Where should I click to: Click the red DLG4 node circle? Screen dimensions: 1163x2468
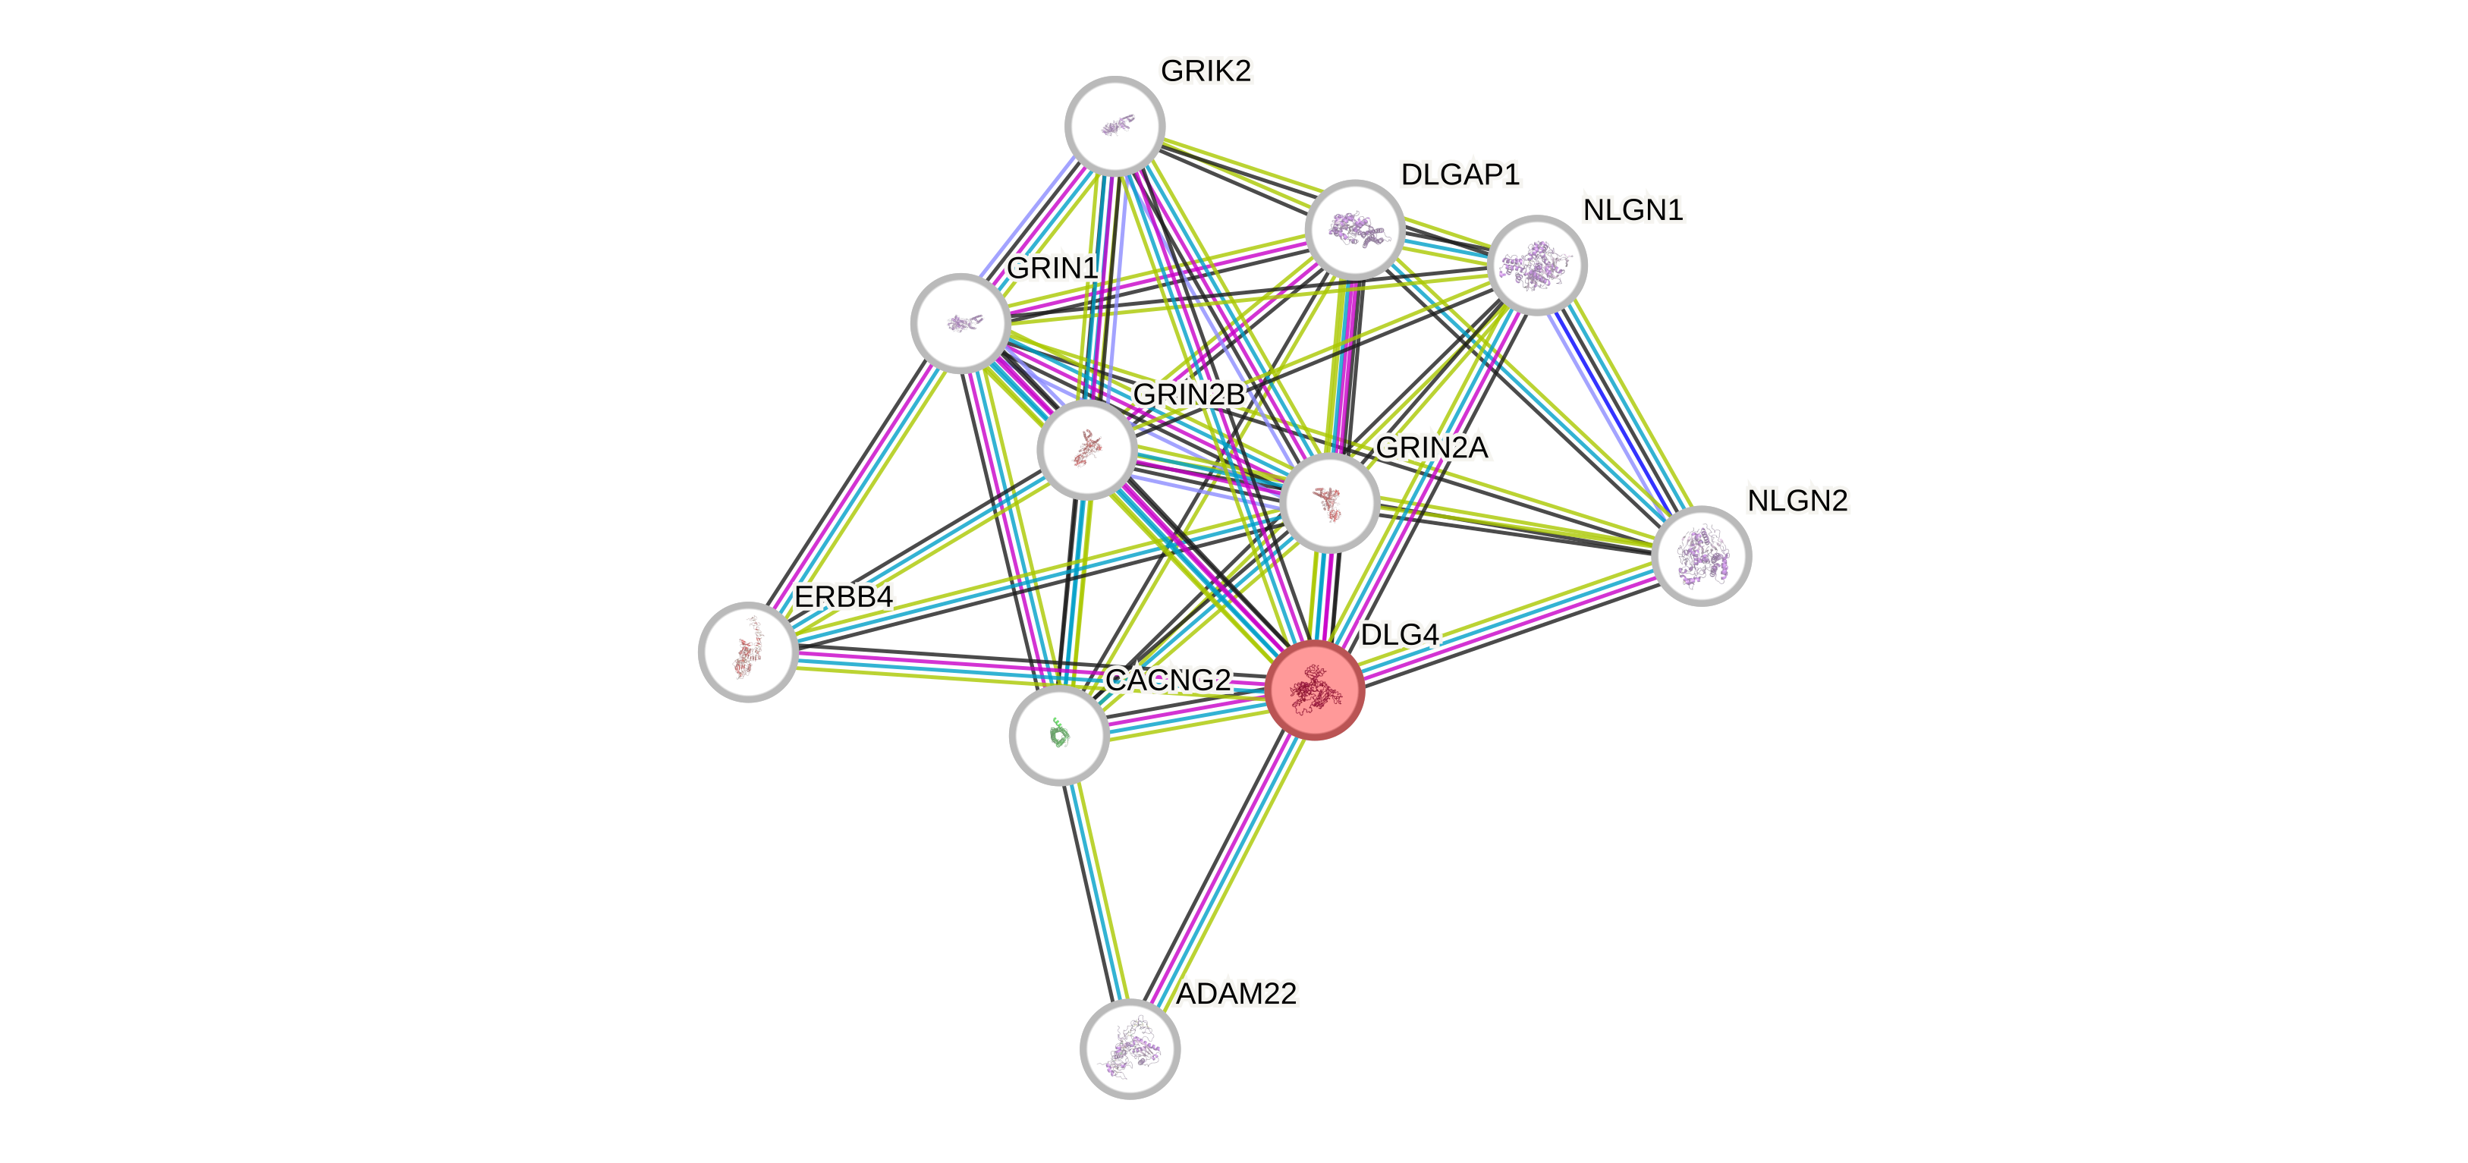point(1315,690)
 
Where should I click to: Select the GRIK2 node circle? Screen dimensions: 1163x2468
point(1115,125)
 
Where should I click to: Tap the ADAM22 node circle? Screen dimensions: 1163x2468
point(1130,1049)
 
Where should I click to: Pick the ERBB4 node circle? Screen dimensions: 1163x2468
point(747,652)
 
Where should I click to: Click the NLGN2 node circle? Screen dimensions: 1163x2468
point(1702,555)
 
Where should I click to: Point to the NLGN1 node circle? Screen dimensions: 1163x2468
point(1537,265)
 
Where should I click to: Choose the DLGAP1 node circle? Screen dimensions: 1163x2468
point(1355,230)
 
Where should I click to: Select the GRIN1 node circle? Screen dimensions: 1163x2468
point(960,323)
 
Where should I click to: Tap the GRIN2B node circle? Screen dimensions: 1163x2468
point(1086,449)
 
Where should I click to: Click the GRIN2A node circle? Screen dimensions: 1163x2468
point(1329,503)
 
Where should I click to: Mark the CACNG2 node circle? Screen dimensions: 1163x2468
point(1058,735)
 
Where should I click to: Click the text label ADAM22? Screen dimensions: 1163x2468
point(1237,993)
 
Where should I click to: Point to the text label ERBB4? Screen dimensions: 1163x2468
point(843,597)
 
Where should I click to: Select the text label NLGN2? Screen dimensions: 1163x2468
point(1797,500)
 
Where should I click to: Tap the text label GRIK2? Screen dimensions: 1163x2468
point(1206,71)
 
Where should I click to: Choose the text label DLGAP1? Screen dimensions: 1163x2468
point(1459,174)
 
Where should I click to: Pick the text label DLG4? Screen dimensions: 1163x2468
point(1399,634)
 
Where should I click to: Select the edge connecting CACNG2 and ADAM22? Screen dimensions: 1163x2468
point(1094,891)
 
